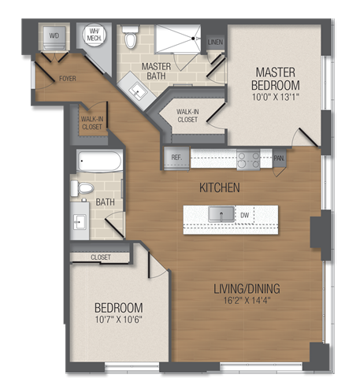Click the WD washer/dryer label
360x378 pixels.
pyautogui.click(x=54, y=36)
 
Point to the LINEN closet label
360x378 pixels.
pyautogui.click(x=215, y=42)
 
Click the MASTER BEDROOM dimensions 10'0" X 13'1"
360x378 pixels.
pyautogui.click(x=275, y=98)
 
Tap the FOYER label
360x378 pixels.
pyautogui.click(x=68, y=78)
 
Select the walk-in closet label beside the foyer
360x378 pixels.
pyautogui.click(x=91, y=123)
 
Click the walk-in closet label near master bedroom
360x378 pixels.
pyautogui.click(x=187, y=117)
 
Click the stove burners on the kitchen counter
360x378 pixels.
pyautogui.click(x=249, y=159)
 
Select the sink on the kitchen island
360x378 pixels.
pyautogui.click(x=221, y=213)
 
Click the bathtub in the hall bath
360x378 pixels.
pyautogui.click(x=99, y=161)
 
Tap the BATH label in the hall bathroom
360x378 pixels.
pyautogui.click(x=106, y=202)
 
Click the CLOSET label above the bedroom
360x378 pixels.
pyautogui.click(x=100, y=258)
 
